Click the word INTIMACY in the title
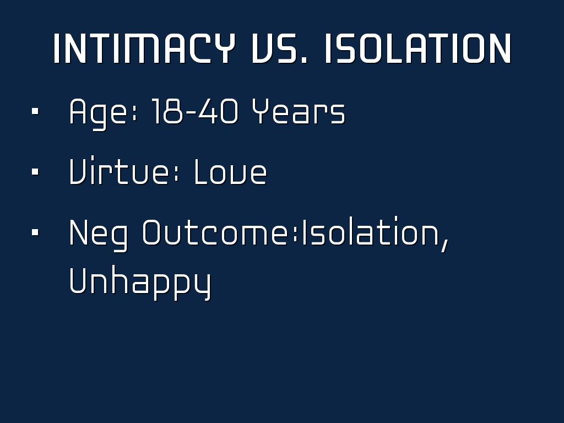(x=144, y=48)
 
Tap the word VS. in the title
(x=279, y=48)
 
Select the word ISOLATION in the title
(x=417, y=48)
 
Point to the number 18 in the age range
(x=167, y=111)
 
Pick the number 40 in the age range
(x=218, y=111)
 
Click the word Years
(x=298, y=111)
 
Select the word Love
(x=230, y=172)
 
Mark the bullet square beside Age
(x=35, y=111)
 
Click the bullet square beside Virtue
(x=35, y=172)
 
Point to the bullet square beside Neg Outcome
(x=35, y=232)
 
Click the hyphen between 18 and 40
(x=190, y=112)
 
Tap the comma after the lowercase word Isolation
(x=445, y=246)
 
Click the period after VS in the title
(x=305, y=61)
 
